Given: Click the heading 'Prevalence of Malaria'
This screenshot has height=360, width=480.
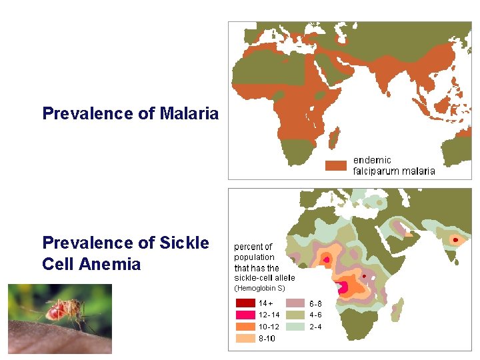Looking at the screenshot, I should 130,113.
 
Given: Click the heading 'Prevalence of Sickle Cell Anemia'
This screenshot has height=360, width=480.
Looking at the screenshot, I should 125,253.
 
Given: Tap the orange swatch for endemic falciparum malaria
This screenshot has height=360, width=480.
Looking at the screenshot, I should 336,165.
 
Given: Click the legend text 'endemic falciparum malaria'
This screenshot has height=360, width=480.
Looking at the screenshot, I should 393,165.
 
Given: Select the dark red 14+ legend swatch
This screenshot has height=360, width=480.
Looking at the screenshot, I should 245,303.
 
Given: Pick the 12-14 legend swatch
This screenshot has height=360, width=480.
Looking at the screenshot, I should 245,315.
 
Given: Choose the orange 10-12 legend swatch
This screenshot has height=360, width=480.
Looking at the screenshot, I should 245,327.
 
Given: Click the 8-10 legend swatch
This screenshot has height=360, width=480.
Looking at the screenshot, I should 245,339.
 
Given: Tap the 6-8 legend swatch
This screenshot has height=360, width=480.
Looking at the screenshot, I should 296,303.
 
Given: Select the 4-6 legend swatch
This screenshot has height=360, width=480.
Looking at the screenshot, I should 296,315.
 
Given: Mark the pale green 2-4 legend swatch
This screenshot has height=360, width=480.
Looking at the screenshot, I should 296,327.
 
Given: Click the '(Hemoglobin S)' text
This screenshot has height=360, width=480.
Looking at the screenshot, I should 259,288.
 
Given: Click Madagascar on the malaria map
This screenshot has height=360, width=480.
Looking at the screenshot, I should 337,140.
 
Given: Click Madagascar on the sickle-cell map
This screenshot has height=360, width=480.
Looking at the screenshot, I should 399,308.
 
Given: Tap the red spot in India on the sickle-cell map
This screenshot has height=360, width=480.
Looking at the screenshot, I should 455,239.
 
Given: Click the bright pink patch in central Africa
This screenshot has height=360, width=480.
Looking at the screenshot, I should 345,287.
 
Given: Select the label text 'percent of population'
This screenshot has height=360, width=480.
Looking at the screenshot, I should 254,252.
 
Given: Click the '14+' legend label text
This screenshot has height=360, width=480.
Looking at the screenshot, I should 265,303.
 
